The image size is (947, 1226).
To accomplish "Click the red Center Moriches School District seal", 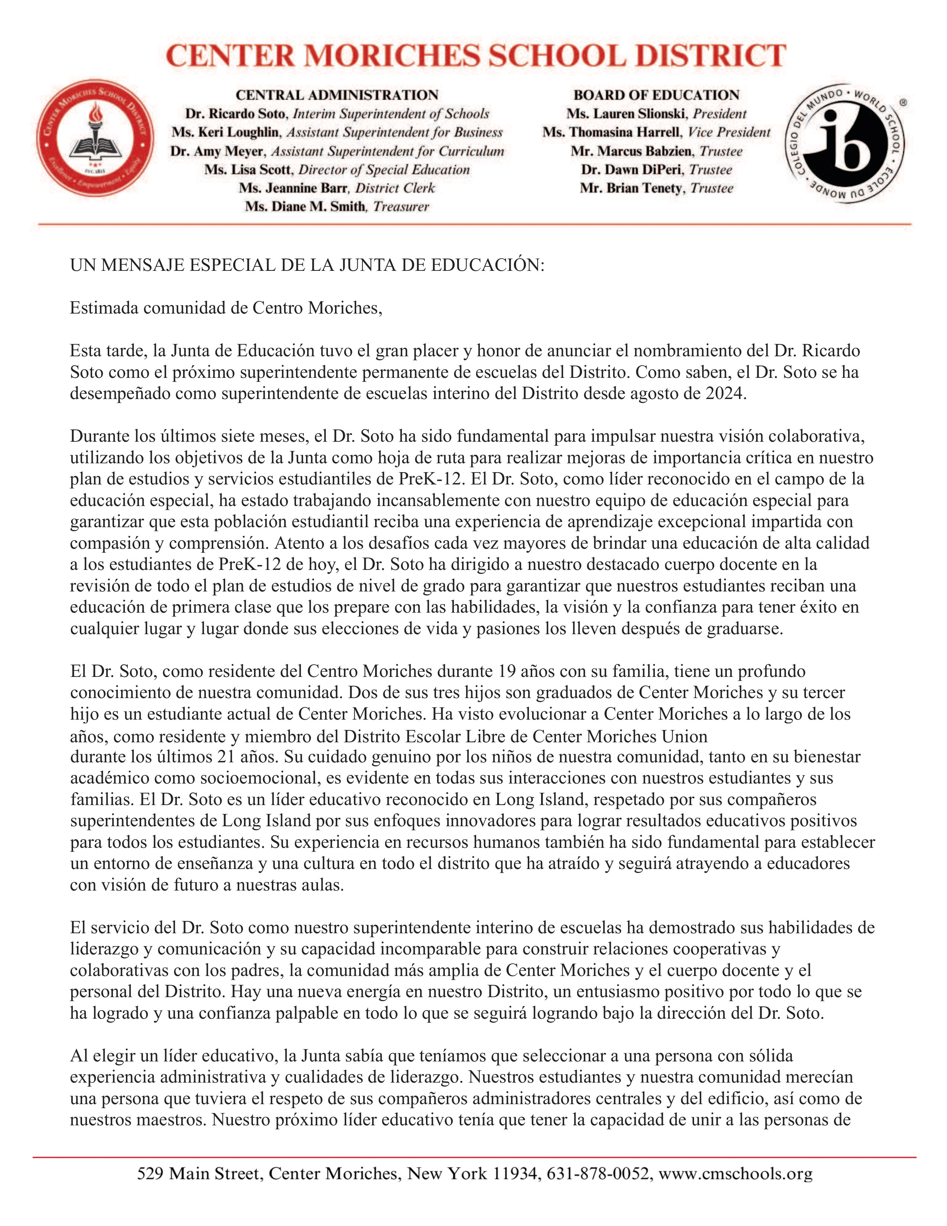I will click(94, 138).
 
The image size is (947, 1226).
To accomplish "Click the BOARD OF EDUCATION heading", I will click(656, 95).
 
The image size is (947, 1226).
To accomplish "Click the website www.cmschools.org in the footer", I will click(735, 1174).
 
